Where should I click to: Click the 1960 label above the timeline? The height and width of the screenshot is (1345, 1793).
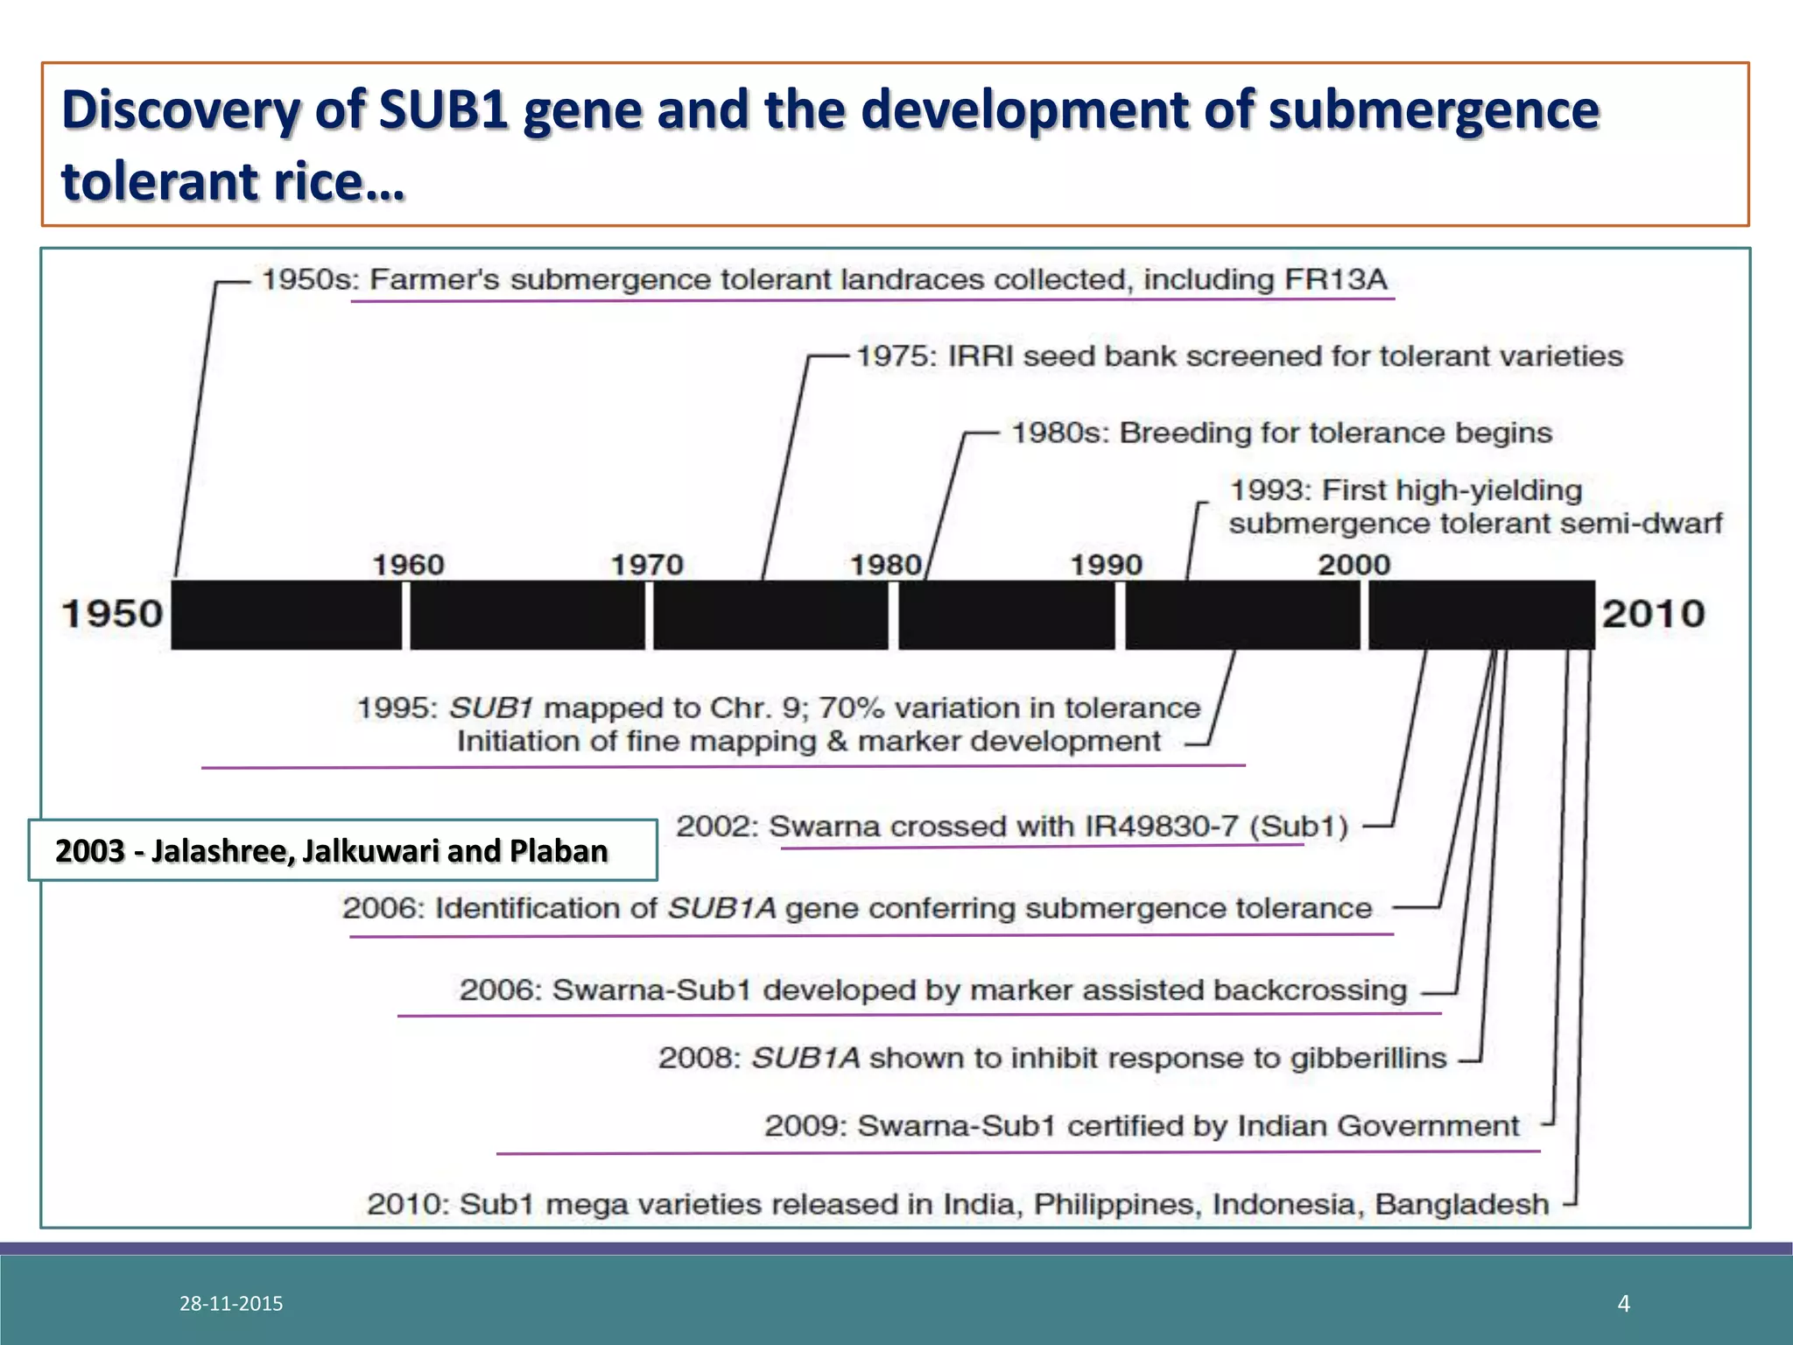click(409, 565)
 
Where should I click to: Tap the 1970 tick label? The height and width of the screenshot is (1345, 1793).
click(647, 565)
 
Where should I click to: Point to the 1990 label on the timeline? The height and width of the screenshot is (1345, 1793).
click(1107, 565)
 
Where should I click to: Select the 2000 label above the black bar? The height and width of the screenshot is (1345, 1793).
click(1354, 565)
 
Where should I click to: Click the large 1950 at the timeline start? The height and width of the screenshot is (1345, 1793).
click(112, 614)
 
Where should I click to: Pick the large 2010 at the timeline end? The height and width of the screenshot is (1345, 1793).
click(1653, 614)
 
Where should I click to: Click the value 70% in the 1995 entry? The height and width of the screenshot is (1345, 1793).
click(848, 708)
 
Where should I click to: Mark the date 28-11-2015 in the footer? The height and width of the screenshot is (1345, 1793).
click(231, 1304)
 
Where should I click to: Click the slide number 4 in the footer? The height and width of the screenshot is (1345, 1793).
click(1624, 1304)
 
